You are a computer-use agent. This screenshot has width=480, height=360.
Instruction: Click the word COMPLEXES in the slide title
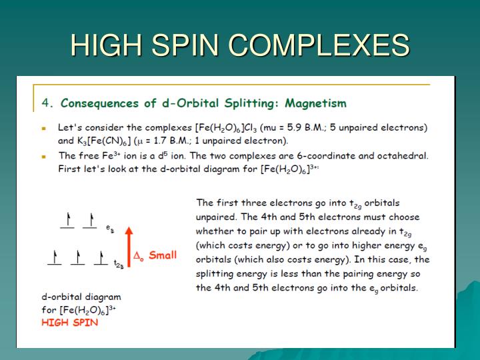[320, 46]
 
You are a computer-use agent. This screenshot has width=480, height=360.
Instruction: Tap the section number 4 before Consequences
[45, 103]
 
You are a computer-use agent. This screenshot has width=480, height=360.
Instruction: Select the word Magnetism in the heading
[316, 103]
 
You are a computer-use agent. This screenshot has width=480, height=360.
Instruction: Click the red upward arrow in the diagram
[130, 247]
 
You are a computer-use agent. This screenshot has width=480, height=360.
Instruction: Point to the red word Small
[163, 255]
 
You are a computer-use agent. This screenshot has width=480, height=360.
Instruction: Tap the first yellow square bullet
[44, 127]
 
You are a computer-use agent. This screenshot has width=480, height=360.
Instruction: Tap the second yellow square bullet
[44, 157]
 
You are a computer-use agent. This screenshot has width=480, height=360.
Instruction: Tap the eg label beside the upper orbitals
[109, 228]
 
